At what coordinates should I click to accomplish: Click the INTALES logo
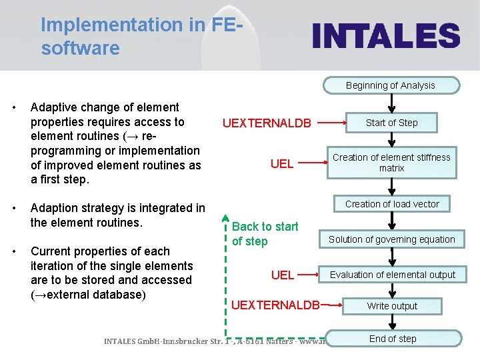coord(387,36)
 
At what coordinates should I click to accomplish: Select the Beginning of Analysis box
coord(391,85)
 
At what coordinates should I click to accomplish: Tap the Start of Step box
coord(391,123)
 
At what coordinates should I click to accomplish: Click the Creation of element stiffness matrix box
coord(391,163)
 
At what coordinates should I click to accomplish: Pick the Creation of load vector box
coord(391,204)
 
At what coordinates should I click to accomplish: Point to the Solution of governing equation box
coord(391,239)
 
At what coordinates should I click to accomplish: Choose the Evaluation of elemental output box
coord(392,275)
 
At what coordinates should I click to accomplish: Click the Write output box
coord(391,306)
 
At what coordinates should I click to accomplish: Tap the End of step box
coord(392,339)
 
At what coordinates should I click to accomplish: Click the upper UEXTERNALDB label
coord(267,123)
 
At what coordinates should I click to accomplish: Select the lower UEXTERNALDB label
coord(275,305)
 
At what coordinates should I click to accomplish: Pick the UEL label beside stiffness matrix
coord(282,164)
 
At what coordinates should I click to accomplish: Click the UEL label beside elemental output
coord(283,275)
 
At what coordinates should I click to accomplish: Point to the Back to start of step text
coord(265,234)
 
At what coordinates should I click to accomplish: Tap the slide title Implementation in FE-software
coord(140,36)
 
